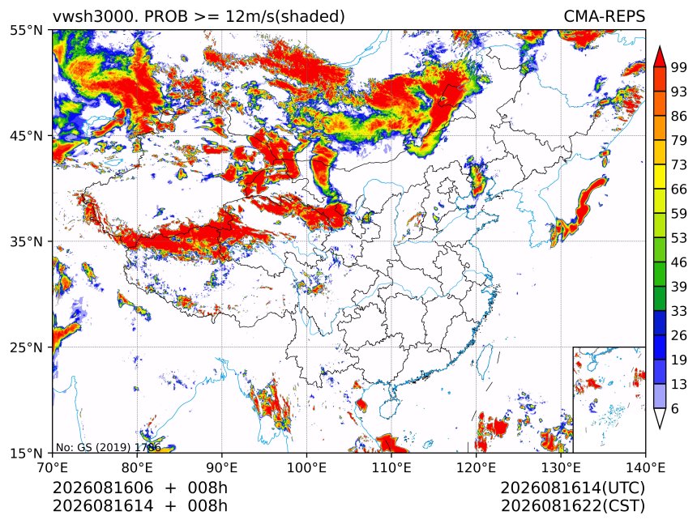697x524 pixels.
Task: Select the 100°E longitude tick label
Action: [306, 467]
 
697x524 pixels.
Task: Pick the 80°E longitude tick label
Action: [137, 467]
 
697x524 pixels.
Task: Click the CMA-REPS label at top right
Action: [604, 16]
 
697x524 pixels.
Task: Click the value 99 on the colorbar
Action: [679, 67]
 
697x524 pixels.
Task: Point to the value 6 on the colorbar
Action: [675, 408]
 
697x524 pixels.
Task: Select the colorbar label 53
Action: [679, 238]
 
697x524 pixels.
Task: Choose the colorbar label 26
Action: [679, 335]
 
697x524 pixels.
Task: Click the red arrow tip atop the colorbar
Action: [660, 47]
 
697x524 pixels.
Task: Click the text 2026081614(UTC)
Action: [572, 488]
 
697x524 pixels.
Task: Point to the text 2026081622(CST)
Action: [572, 506]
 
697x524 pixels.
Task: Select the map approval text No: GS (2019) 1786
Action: [108, 447]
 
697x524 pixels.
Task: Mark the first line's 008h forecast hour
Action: [207, 488]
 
